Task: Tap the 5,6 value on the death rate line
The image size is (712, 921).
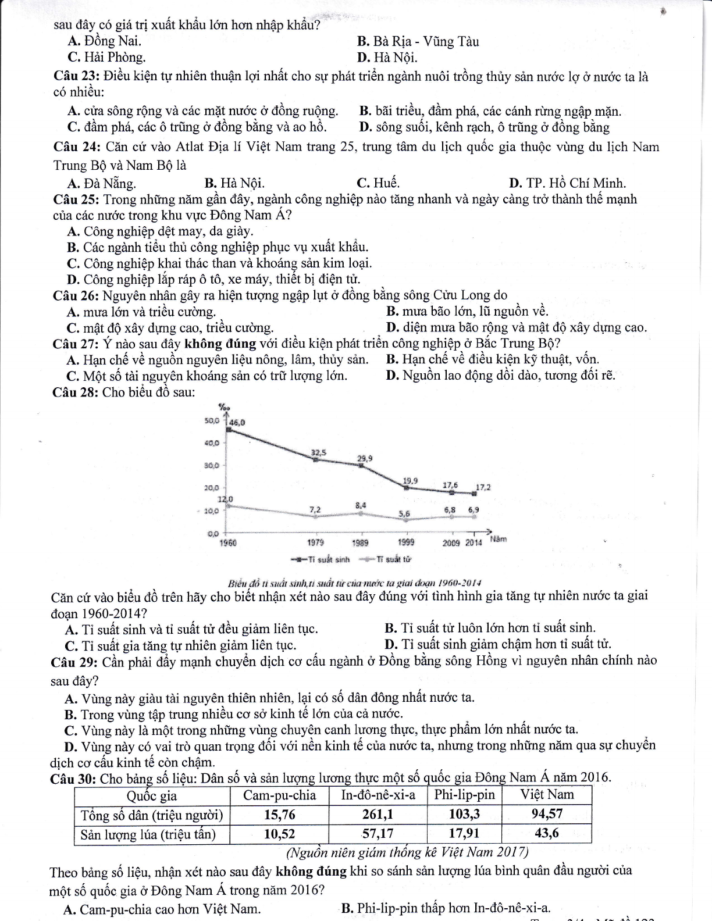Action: coord(404,513)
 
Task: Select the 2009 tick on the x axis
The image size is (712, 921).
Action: coord(451,542)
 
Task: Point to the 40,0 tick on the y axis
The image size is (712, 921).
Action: coord(211,442)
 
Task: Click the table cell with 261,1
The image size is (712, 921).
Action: coord(378,814)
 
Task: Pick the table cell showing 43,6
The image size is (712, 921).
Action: coord(546,833)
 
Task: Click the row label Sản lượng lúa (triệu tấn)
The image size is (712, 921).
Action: coord(148,834)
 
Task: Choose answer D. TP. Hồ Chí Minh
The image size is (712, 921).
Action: coord(568,183)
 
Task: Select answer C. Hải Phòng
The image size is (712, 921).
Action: coord(106,58)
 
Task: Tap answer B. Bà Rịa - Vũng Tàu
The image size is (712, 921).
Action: coord(418,41)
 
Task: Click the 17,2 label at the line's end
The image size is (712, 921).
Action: coord(483,487)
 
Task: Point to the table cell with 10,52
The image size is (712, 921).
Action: coord(279,834)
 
